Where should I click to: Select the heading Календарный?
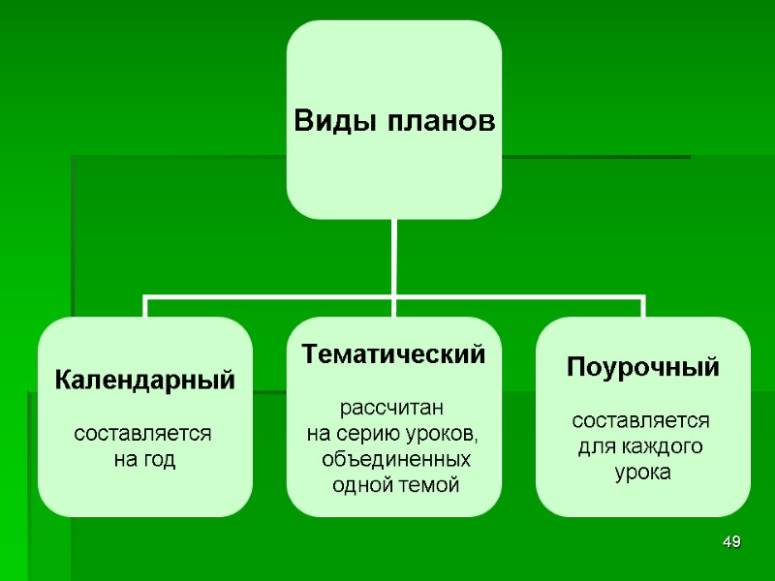tap(144, 380)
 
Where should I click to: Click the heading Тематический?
tap(393, 354)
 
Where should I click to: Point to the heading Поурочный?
tap(642, 368)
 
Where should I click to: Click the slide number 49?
tap(732, 542)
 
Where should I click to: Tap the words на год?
tap(145, 459)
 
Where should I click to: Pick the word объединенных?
tap(395, 458)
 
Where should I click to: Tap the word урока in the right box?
tap(642, 474)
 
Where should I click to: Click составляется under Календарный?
tap(144, 433)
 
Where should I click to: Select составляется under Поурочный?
tap(642, 421)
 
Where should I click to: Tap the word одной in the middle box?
tap(358, 484)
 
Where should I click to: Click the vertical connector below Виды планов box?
tap(394, 257)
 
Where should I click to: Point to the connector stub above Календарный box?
tap(145, 307)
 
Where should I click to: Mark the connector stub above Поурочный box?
tap(643, 307)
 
